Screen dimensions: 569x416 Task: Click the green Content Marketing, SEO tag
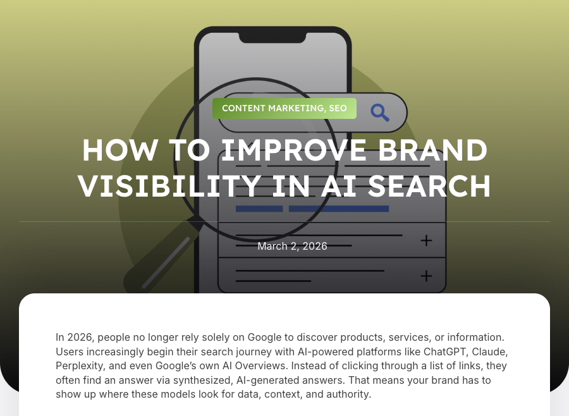point(284,108)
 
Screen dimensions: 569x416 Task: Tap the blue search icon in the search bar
point(379,113)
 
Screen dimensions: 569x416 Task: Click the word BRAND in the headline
point(433,150)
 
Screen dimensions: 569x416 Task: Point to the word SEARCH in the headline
point(429,185)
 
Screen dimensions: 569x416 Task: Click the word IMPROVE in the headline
point(294,150)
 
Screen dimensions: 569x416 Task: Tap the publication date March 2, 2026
point(292,246)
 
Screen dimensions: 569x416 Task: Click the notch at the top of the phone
point(272,38)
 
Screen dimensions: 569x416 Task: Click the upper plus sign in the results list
point(426,240)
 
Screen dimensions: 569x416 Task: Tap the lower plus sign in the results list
point(426,276)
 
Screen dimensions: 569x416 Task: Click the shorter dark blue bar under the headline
point(259,209)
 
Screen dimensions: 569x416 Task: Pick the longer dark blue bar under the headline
point(339,209)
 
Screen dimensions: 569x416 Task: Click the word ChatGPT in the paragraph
point(444,352)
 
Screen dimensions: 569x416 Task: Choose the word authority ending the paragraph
point(349,395)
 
